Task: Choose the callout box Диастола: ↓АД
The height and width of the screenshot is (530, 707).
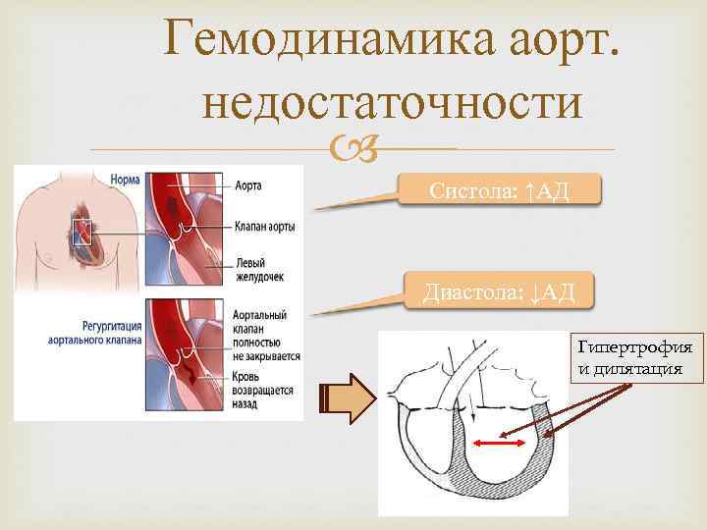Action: click(x=500, y=291)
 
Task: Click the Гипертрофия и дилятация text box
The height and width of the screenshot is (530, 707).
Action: click(x=634, y=358)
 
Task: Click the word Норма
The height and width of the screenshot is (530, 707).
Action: click(x=125, y=181)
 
